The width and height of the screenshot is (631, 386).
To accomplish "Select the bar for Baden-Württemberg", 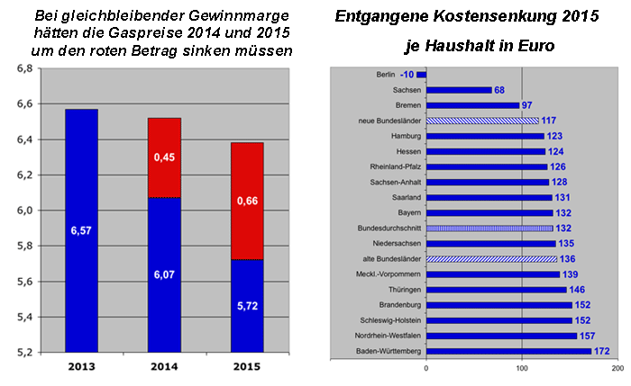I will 508,351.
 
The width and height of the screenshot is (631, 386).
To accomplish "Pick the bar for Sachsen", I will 459,90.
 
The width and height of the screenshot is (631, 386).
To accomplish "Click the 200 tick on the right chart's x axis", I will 617,368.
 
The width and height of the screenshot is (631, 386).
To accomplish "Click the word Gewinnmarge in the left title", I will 221,16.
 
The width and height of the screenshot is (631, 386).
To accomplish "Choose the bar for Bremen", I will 473,105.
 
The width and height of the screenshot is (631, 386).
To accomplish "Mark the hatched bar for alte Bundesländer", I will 491,259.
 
